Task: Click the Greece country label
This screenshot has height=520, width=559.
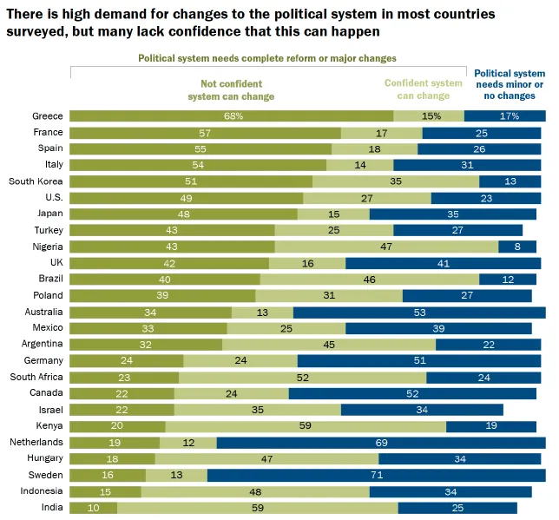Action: pyautogui.click(x=47, y=116)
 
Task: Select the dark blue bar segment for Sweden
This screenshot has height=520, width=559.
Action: pyautogui.click(x=376, y=475)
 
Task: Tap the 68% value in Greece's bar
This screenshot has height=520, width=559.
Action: pyautogui.click(x=232, y=116)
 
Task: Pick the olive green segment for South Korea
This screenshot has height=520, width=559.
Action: pyautogui.click(x=191, y=181)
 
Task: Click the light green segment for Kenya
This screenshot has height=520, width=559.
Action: pyautogui.click(x=306, y=426)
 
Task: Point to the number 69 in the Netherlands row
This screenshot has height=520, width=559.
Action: pyautogui.click(x=381, y=443)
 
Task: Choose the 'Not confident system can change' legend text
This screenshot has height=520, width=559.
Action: pyautogui.click(x=231, y=90)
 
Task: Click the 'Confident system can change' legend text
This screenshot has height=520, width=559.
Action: pyautogui.click(x=424, y=89)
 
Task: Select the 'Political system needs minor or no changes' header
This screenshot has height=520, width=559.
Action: pyautogui.click(x=510, y=84)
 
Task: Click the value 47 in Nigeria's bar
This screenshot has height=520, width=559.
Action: pyautogui.click(x=386, y=247)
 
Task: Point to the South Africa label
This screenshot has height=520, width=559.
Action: pyautogui.click(x=36, y=377)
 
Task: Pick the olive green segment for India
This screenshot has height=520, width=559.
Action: pyautogui.click(x=93, y=508)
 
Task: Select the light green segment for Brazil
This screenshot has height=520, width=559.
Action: pyautogui.click(x=370, y=280)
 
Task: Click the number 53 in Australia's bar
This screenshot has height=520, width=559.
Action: pyautogui.click(x=419, y=312)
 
